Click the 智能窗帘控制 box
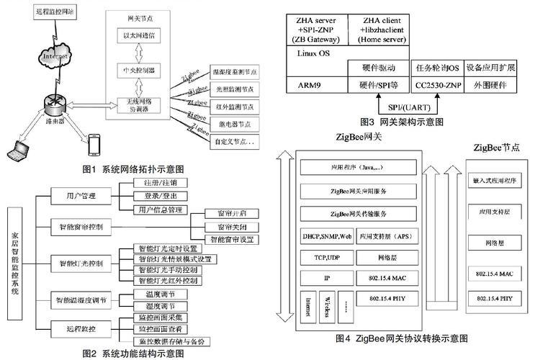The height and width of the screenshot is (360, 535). click(x=80, y=227)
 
